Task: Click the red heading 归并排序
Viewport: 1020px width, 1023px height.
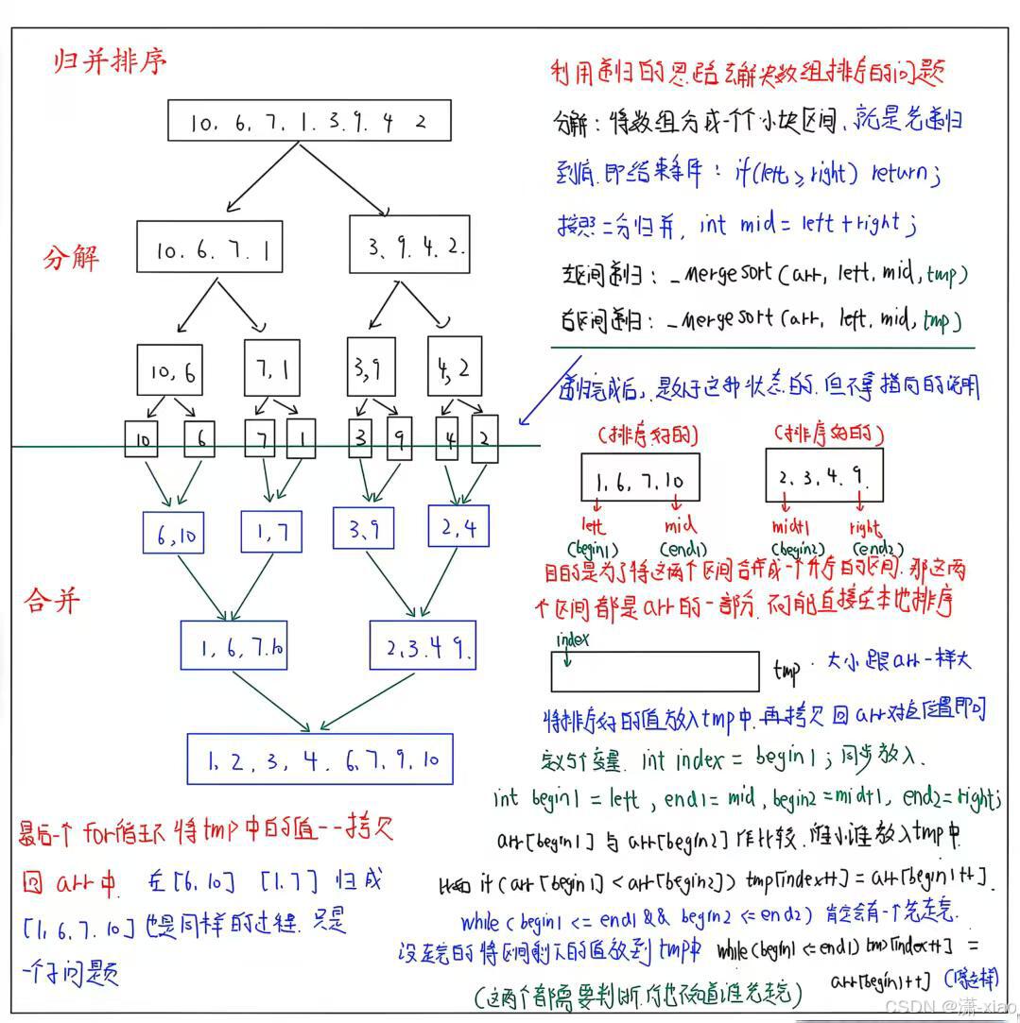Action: point(110,63)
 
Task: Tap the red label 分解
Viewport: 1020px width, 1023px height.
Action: point(71,258)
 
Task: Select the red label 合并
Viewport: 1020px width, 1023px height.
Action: point(53,601)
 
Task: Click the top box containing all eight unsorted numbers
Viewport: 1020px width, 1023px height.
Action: point(308,121)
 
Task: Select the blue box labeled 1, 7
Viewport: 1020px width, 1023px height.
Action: point(271,532)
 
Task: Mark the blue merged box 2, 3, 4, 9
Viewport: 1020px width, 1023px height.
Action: point(423,646)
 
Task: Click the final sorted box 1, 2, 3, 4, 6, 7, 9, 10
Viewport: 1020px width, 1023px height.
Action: point(320,759)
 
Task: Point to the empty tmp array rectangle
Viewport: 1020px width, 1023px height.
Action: point(654,672)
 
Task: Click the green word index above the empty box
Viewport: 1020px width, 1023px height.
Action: point(573,639)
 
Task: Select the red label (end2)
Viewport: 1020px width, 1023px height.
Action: point(876,549)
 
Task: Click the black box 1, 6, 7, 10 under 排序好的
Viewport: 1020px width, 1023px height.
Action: point(640,478)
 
